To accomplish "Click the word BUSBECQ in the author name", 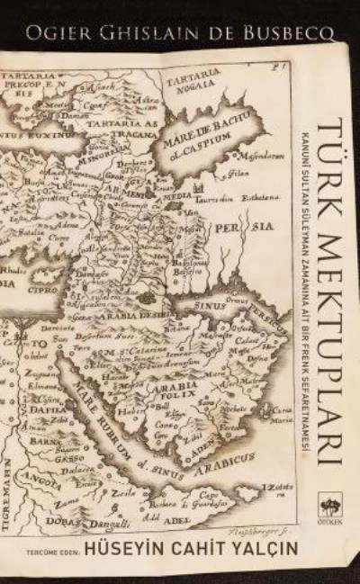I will [291, 34].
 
